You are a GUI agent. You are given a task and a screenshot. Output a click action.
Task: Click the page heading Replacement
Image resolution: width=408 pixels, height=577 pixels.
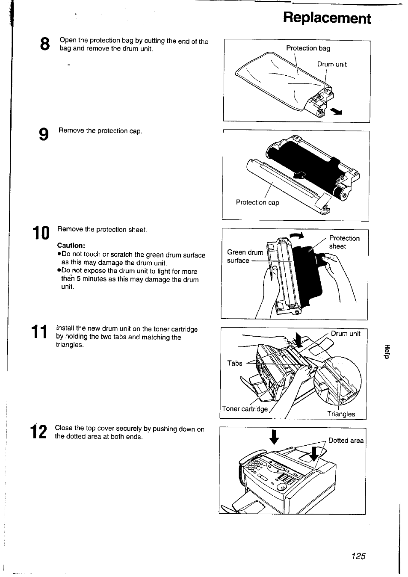(327, 18)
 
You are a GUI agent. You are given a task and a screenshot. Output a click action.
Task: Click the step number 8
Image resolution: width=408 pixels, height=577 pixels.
(45, 44)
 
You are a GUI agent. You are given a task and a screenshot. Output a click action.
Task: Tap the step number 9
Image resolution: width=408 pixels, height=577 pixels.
(44, 134)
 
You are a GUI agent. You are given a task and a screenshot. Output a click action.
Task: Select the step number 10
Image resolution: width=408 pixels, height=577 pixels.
(41, 234)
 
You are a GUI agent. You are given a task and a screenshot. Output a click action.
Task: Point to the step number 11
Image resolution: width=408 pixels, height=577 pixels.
(39, 333)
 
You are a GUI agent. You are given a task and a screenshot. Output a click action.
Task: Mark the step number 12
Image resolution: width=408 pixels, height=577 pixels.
(39, 432)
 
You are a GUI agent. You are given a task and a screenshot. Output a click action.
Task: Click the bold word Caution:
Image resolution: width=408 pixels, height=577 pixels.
(71, 246)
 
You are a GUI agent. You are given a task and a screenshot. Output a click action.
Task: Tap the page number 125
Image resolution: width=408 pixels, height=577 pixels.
(358, 556)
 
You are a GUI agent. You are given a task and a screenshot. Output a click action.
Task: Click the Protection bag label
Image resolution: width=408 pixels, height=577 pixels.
(308, 48)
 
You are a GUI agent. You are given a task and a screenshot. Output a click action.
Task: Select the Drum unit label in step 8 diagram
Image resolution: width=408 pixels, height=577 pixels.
(331, 64)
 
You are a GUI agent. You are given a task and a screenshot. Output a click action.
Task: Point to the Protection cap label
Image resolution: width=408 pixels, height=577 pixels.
(257, 202)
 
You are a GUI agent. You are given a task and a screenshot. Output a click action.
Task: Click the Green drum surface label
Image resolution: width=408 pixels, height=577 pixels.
(245, 256)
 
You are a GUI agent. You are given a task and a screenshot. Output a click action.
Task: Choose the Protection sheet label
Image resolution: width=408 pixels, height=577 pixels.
(344, 242)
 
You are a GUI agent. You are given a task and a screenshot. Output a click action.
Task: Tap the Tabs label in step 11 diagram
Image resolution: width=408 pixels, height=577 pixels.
(234, 363)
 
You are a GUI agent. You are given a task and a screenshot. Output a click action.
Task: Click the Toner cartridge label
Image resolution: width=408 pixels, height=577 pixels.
(245, 408)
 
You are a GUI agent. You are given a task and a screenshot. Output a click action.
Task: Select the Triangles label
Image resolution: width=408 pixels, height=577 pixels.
(341, 414)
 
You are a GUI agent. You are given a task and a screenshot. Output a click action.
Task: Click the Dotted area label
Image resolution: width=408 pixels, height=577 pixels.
(346, 441)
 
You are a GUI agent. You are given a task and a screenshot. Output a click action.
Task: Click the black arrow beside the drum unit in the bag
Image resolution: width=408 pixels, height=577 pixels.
(337, 112)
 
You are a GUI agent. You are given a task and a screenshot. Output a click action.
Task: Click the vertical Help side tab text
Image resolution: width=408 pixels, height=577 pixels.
(387, 352)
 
